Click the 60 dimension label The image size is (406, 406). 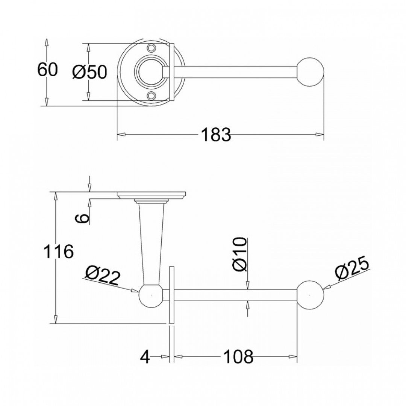pos(47,70)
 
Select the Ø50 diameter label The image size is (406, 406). pos(90,72)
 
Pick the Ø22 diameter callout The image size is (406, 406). pos(103,277)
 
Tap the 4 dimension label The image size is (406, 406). pos(145,356)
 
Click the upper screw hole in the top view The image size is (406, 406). pos(152,48)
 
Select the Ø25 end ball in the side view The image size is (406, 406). pos(310,295)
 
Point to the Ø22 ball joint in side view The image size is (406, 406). pos(151,295)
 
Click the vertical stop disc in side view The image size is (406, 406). pos(172,295)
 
